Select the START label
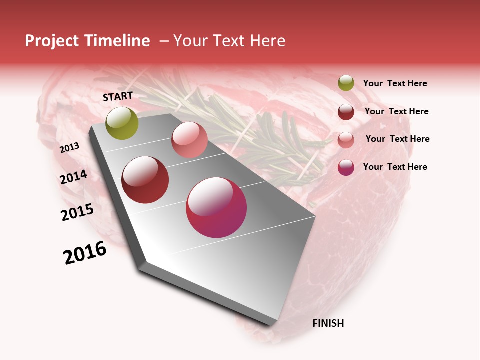click(x=118, y=96)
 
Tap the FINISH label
click(x=328, y=323)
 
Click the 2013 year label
click(x=70, y=147)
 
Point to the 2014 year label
click(x=74, y=177)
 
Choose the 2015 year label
click(x=77, y=212)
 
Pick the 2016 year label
click(x=85, y=253)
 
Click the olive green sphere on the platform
click(x=122, y=123)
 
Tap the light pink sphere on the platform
click(x=189, y=140)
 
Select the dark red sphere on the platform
click(x=145, y=180)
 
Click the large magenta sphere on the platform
click(x=216, y=207)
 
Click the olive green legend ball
click(x=346, y=83)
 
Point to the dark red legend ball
click(x=346, y=111)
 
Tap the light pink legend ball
click(x=346, y=139)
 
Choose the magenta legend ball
click(x=346, y=167)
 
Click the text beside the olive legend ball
click(x=395, y=84)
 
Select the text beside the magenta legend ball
click(x=395, y=167)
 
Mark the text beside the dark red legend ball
click(x=396, y=111)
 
